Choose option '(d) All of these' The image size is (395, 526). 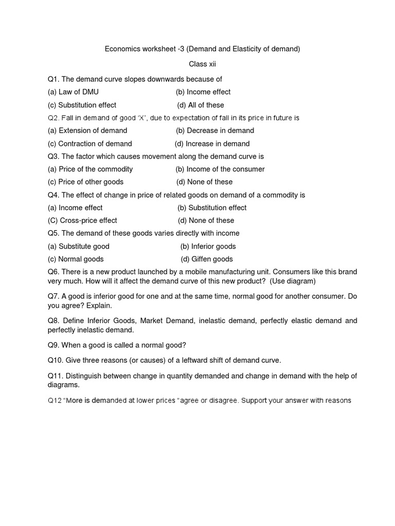coord(201,105)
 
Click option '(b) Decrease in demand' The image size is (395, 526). coord(215,130)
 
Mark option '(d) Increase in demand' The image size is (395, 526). coord(212,144)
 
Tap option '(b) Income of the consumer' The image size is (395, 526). coord(220,169)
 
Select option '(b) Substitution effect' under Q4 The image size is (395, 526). coord(212,208)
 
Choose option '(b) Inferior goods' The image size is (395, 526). coord(208,246)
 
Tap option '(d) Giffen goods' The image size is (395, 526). coord(207,259)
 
